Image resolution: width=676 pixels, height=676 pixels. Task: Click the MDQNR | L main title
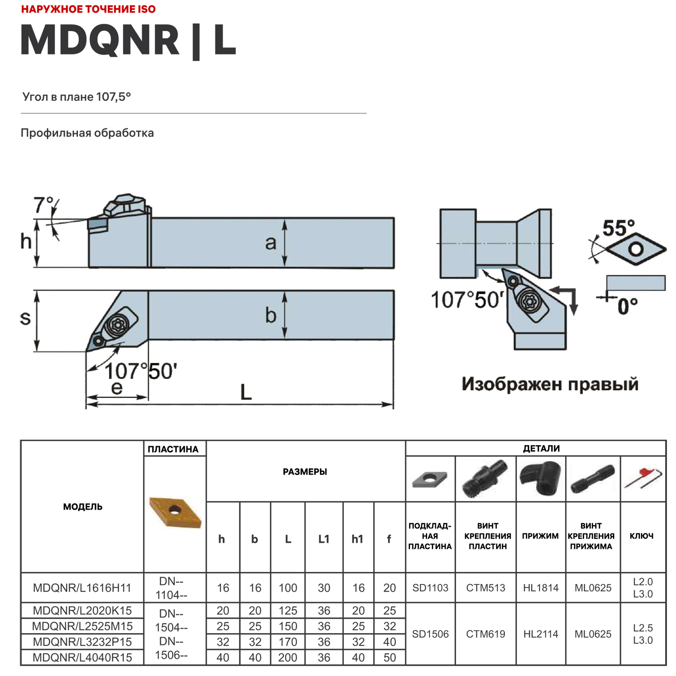click(128, 41)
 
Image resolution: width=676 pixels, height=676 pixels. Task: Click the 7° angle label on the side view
click(43, 206)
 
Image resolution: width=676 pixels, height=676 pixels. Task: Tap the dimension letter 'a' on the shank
click(270, 243)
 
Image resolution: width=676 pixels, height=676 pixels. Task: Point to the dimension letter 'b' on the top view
click(270, 315)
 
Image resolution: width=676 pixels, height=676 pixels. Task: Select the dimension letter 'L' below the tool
click(246, 392)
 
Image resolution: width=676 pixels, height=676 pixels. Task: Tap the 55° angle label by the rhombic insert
click(618, 228)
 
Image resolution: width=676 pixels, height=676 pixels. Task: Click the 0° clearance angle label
click(627, 306)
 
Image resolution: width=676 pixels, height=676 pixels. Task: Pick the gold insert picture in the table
click(175, 512)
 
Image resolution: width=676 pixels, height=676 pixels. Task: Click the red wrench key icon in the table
click(643, 479)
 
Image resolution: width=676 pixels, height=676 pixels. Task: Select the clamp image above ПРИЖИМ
click(541, 479)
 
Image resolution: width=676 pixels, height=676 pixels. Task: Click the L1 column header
click(324, 539)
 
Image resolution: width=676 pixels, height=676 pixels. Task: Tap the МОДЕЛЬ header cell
click(82, 507)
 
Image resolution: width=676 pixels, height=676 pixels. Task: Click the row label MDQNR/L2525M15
click(82, 626)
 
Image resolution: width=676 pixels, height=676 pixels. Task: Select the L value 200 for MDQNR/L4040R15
click(288, 658)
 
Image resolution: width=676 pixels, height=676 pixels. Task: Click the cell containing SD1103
click(430, 588)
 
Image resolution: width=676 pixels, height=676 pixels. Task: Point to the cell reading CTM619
click(486, 634)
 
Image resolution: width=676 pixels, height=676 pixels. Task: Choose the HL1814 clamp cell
click(541, 588)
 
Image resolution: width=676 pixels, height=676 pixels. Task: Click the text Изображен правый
click(550, 384)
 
